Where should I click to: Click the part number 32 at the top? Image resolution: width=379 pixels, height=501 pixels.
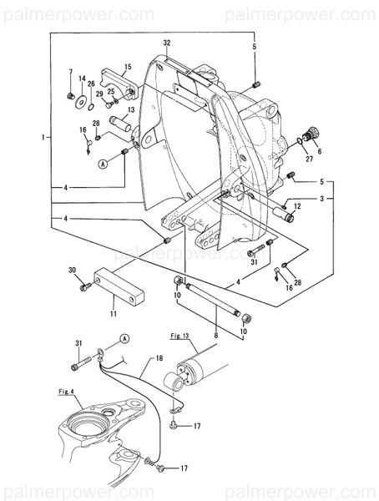click(166, 43)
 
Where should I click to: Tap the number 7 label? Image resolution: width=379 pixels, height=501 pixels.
click(70, 73)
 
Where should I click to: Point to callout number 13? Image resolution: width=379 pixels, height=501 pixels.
click(131, 109)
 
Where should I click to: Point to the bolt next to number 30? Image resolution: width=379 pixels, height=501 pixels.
click(84, 286)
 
